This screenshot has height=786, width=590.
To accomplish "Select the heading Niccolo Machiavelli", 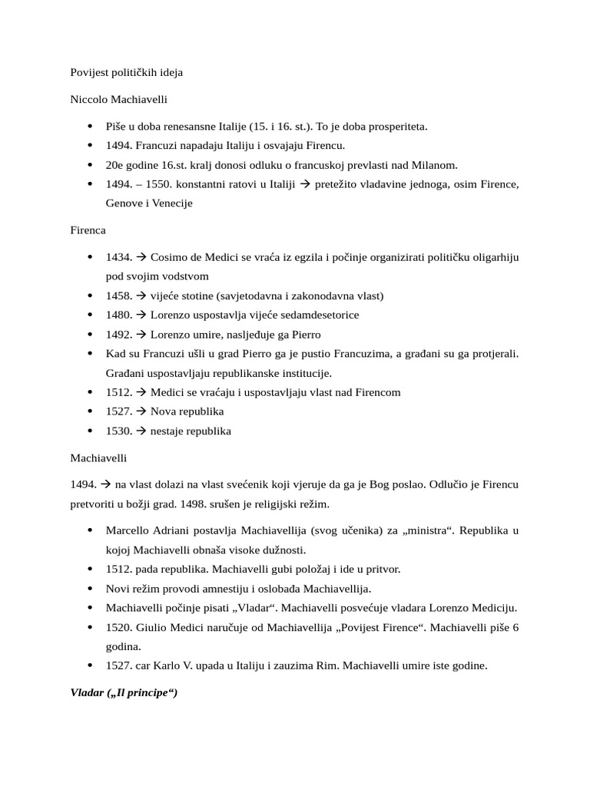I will [x=119, y=100].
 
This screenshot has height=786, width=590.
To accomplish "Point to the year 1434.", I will [x=120, y=256].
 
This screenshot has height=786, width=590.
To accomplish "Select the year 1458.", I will [x=120, y=296].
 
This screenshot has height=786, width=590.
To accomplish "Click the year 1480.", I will [x=120, y=315].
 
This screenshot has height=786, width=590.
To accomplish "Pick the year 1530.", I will [x=120, y=431].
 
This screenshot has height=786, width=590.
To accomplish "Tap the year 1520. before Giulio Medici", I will [x=120, y=627].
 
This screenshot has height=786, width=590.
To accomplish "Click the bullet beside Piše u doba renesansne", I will [x=91, y=127].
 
